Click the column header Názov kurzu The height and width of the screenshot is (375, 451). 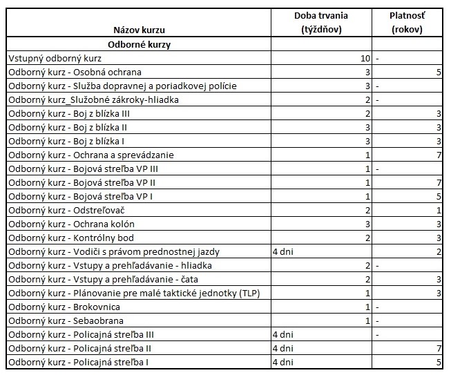[x=140, y=30]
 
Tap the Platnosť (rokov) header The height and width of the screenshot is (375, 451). [x=407, y=23]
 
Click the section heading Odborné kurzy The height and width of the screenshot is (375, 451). [x=140, y=44]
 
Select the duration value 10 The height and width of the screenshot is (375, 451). [x=364, y=58]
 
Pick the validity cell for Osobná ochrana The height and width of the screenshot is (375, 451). [x=439, y=72]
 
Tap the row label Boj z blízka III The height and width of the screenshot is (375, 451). [x=68, y=113]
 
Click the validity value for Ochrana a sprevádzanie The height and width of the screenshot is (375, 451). [x=439, y=155]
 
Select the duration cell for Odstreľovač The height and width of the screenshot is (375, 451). [x=368, y=210]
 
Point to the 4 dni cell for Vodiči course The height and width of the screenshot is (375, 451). [x=283, y=251]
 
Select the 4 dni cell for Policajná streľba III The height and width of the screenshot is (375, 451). [x=283, y=334]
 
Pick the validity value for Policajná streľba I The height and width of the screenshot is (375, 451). [x=439, y=362]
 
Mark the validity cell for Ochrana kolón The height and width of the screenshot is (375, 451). [x=439, y=224]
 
